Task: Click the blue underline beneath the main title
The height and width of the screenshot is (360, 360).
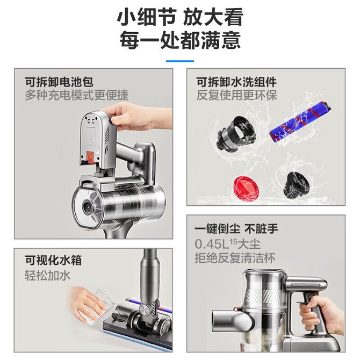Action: click(x=180, y=61)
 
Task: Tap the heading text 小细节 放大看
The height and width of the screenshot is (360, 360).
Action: click(x=180, y=17)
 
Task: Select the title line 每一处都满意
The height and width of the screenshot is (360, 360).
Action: click(x=180, y=41)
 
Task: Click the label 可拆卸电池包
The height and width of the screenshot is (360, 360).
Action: click(x=59, y=82)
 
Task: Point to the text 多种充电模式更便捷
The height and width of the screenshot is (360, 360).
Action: click(x=76, y=95)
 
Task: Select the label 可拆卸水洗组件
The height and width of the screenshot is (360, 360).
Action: click(x=236, y=82)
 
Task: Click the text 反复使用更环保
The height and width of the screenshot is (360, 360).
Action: click(x=237, y=95)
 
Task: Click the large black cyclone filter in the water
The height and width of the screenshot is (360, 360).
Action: click(x=235, y=134)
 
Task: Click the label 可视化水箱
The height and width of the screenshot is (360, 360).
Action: click(x=53, y=261)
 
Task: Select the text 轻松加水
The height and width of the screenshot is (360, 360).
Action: click(x=47, y=275)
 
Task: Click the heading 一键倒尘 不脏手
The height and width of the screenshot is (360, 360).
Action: click(x=236, y=229)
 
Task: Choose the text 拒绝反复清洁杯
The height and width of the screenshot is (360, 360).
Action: click(x=235, y=258)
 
